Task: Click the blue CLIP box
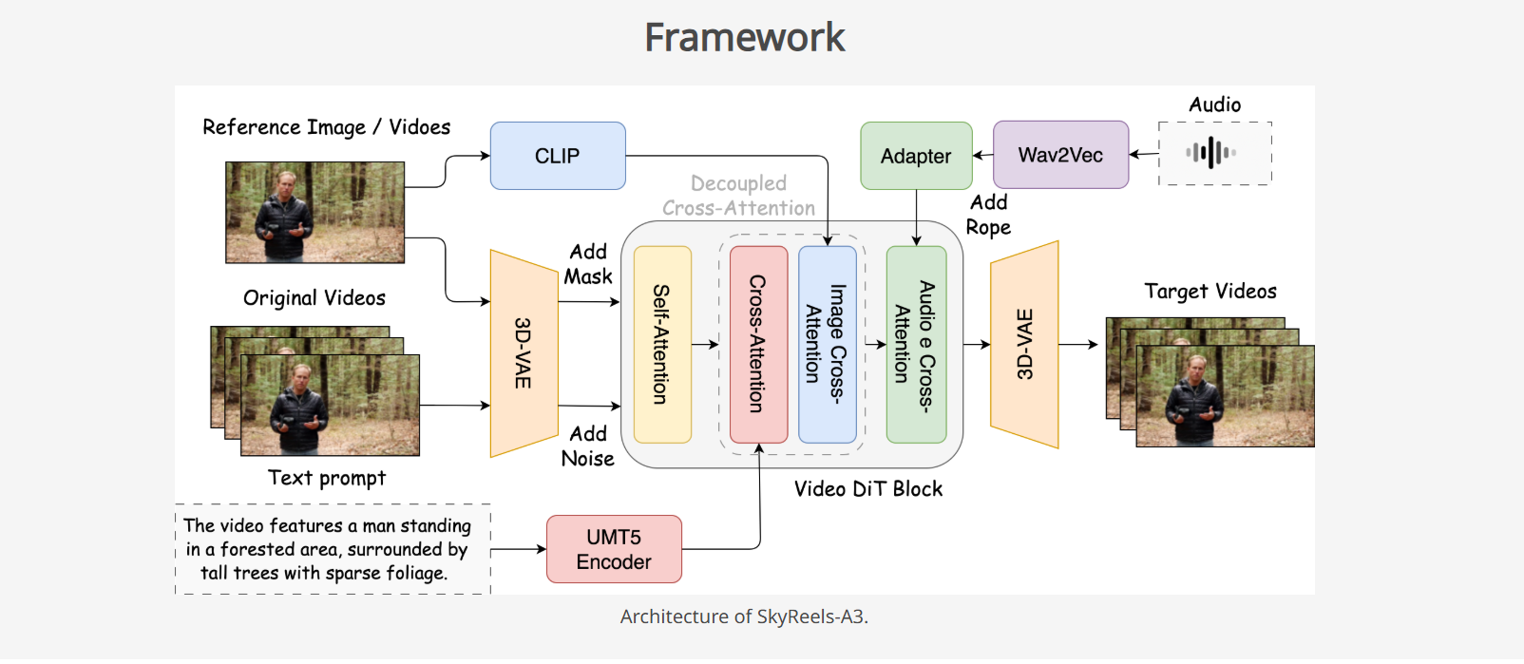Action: (x=558, y=156)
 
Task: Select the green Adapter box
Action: (x=916, y=156)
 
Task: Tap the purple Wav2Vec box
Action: (x=1060, y=155)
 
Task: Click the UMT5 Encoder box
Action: (x=614, y=549)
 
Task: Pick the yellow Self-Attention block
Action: (x=662, y=344)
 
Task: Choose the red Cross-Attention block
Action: (x=758, y=344)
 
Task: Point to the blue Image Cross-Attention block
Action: (x=827, y=344)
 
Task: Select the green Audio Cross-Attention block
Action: (x=916, y=344)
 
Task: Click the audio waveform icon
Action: (x=1210, y=152)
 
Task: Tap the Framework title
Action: (x=744, y=38)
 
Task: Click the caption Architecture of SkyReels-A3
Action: (x=744, y=617)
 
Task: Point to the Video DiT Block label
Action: (x=868, y=489)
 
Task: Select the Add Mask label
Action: (x=588, y=264)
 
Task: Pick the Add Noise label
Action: (x=588, y=446)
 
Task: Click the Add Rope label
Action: (x=988, y=215)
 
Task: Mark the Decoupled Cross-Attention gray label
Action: (x=738, y=196)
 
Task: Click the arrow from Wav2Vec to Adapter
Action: (x=982, y=155)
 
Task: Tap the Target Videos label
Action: (x=1210, y=292)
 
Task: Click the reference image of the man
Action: (x=314, y=212)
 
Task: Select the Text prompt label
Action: (x=327, y=478)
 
